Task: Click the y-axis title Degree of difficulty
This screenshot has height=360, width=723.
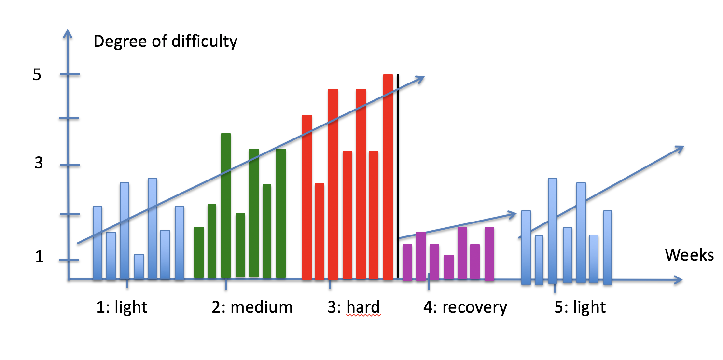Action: click(x=165, y=42)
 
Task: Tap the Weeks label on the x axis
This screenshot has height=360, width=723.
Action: click(x=689, y=255)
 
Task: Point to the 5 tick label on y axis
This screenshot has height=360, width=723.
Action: click(x=37, y=75)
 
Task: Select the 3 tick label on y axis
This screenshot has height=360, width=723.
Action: click(x=39, y=163)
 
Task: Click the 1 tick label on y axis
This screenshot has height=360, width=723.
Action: click(x=40, y=257)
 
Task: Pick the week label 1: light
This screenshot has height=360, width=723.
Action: click(x=122, y=307)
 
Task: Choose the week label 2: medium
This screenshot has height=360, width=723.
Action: click(x=252, y=307)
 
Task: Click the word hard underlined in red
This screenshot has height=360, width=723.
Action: click(x=363, y=307)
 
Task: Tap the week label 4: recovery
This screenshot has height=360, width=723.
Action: click(x=465, y=307)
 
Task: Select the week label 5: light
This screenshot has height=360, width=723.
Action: click(x=580, y=307)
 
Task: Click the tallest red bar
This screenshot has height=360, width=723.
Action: click(x=388, y=177)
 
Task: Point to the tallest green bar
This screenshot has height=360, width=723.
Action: click(x=226, y=206)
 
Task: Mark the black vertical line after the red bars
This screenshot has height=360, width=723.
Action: click(x=398, y=176)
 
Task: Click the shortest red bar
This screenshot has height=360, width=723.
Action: click(x=320, y=231)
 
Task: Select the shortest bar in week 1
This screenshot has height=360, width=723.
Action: click(x=139, y=266)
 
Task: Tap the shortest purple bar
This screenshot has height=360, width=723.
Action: click(x=449, y=267)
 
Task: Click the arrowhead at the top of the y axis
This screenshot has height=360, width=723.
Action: click(x=68, y=34)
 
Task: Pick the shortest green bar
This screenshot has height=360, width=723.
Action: click(x=199, y=252)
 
